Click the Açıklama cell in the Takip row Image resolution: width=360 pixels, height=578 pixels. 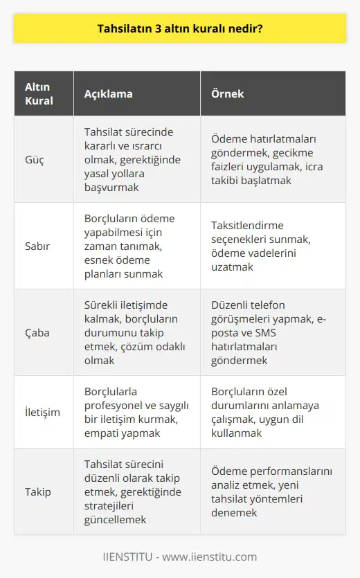coord(133,492)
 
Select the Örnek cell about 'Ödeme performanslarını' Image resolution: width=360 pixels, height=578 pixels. coord(271,492)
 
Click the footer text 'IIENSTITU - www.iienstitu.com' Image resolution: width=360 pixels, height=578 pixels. coord(180,556)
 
